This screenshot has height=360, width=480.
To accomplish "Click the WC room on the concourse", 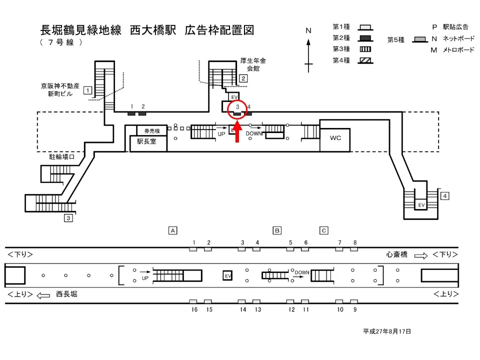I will [335, 138].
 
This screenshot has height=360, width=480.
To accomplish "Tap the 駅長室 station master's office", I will [146, 141].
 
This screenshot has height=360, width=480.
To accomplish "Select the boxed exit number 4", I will [445, 195].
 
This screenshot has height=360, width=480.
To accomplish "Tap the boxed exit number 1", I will [87, 90].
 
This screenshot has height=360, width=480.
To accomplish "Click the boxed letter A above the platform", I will [172, 230].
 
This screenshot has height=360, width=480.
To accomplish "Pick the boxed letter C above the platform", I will [324, 230].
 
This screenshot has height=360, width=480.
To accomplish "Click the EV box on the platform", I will [227, 275].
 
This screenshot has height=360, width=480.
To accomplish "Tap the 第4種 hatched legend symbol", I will [365, 60].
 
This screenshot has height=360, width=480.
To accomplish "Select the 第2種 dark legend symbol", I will [365, 38].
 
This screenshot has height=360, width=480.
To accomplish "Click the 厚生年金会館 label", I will [253, 64].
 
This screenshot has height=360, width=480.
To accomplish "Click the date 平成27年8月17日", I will [387, 331].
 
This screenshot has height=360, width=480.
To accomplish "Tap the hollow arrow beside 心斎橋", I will [421, 255].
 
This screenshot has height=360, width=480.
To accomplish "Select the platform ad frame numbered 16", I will [193, 301].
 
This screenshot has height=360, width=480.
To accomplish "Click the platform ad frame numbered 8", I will [354, 249].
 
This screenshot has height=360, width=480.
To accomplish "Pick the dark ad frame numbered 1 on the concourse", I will [131, 113].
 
